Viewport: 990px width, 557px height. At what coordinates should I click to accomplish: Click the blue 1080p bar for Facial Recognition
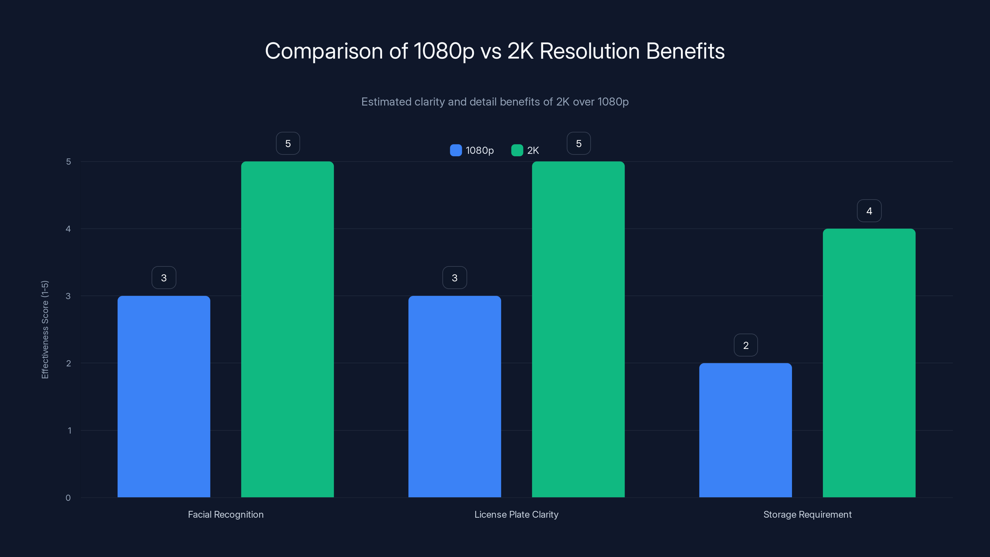[164, 396]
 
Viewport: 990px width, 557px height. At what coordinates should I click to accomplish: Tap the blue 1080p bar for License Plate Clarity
[455, 396]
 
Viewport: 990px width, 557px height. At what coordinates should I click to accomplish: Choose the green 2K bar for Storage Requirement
[869, 363]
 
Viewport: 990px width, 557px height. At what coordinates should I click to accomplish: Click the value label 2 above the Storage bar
[746, 345]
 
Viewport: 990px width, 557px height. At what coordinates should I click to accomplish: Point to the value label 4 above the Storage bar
[869, 211]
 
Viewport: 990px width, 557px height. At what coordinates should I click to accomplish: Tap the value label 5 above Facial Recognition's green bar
[288, 143]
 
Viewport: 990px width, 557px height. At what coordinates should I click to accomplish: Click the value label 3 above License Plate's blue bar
[455, 278]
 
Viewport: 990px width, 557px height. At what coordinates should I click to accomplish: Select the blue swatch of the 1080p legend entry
[456, 150]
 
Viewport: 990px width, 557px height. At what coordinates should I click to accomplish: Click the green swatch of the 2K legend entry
[517, 150]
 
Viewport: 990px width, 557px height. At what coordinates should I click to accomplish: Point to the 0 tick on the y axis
[68, 498]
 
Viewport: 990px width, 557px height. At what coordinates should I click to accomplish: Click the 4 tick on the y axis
[68, 229]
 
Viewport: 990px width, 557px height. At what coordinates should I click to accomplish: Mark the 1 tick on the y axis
[69, 430]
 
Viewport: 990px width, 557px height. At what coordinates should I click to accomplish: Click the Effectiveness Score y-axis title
[45, 330]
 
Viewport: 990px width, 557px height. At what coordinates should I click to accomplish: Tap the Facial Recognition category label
[226, 514]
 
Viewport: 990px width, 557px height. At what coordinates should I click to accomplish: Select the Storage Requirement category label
[807, 514]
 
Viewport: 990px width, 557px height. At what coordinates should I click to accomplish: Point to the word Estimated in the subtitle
[386, 102]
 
